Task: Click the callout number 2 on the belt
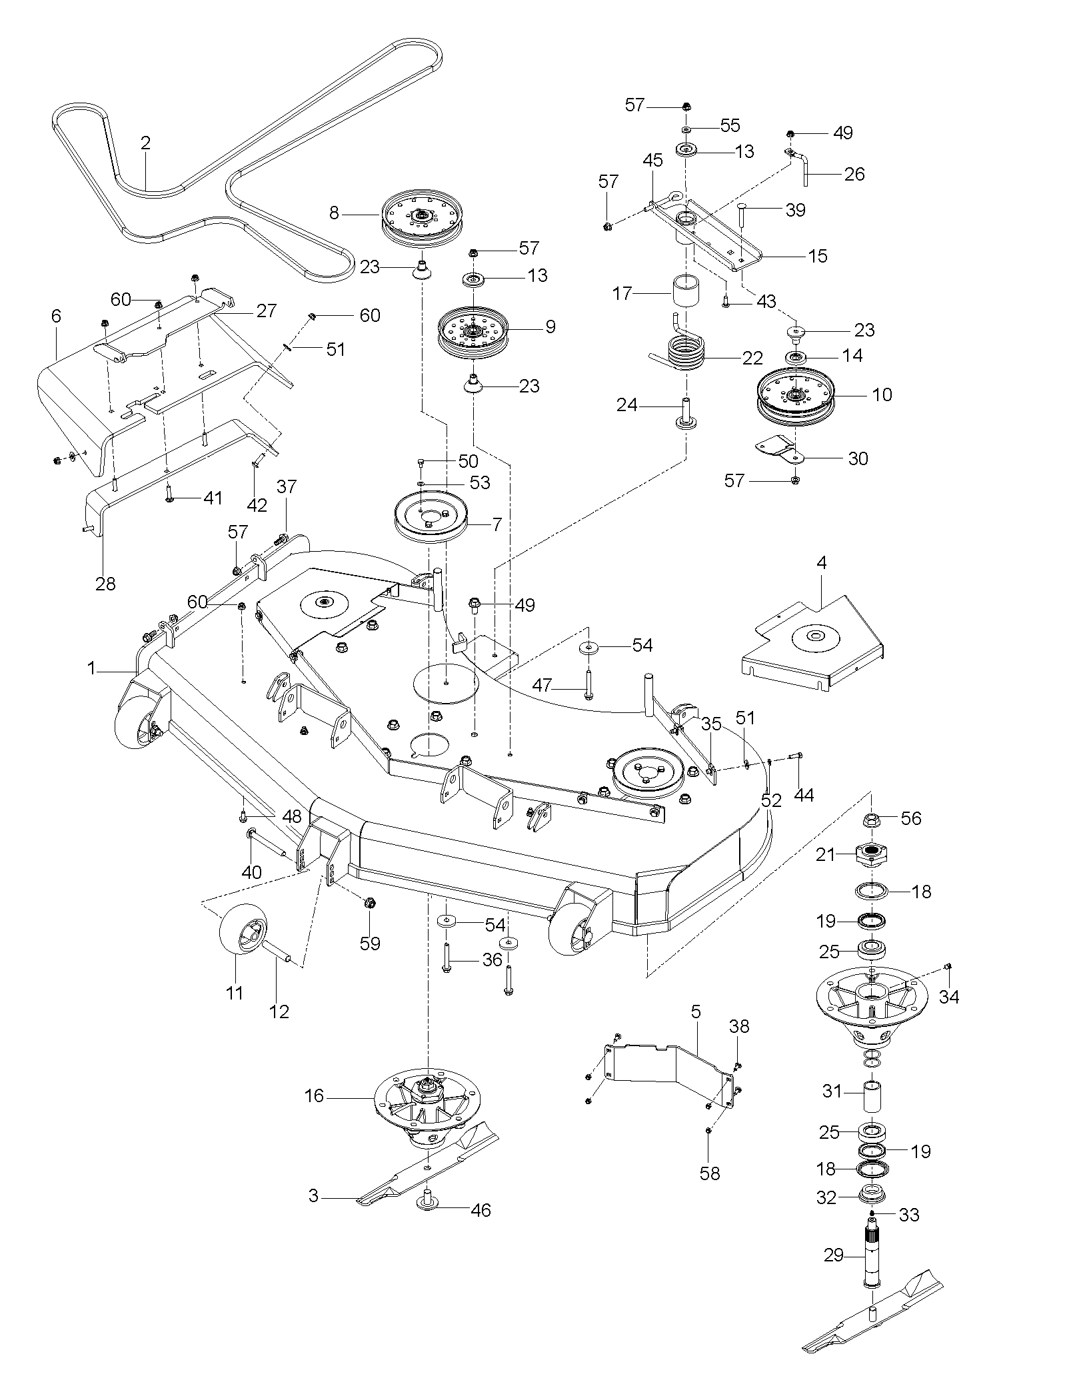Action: pos(145,143)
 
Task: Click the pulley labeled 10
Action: pos(794,397)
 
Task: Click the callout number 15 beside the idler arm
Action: pos(817,257)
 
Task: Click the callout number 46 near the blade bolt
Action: pos(481,1209)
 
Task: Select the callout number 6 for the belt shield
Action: pos(56,316)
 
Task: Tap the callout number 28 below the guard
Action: pos(105,584)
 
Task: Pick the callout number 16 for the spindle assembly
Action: pos(314,1095)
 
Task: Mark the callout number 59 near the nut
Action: pos(370,943)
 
